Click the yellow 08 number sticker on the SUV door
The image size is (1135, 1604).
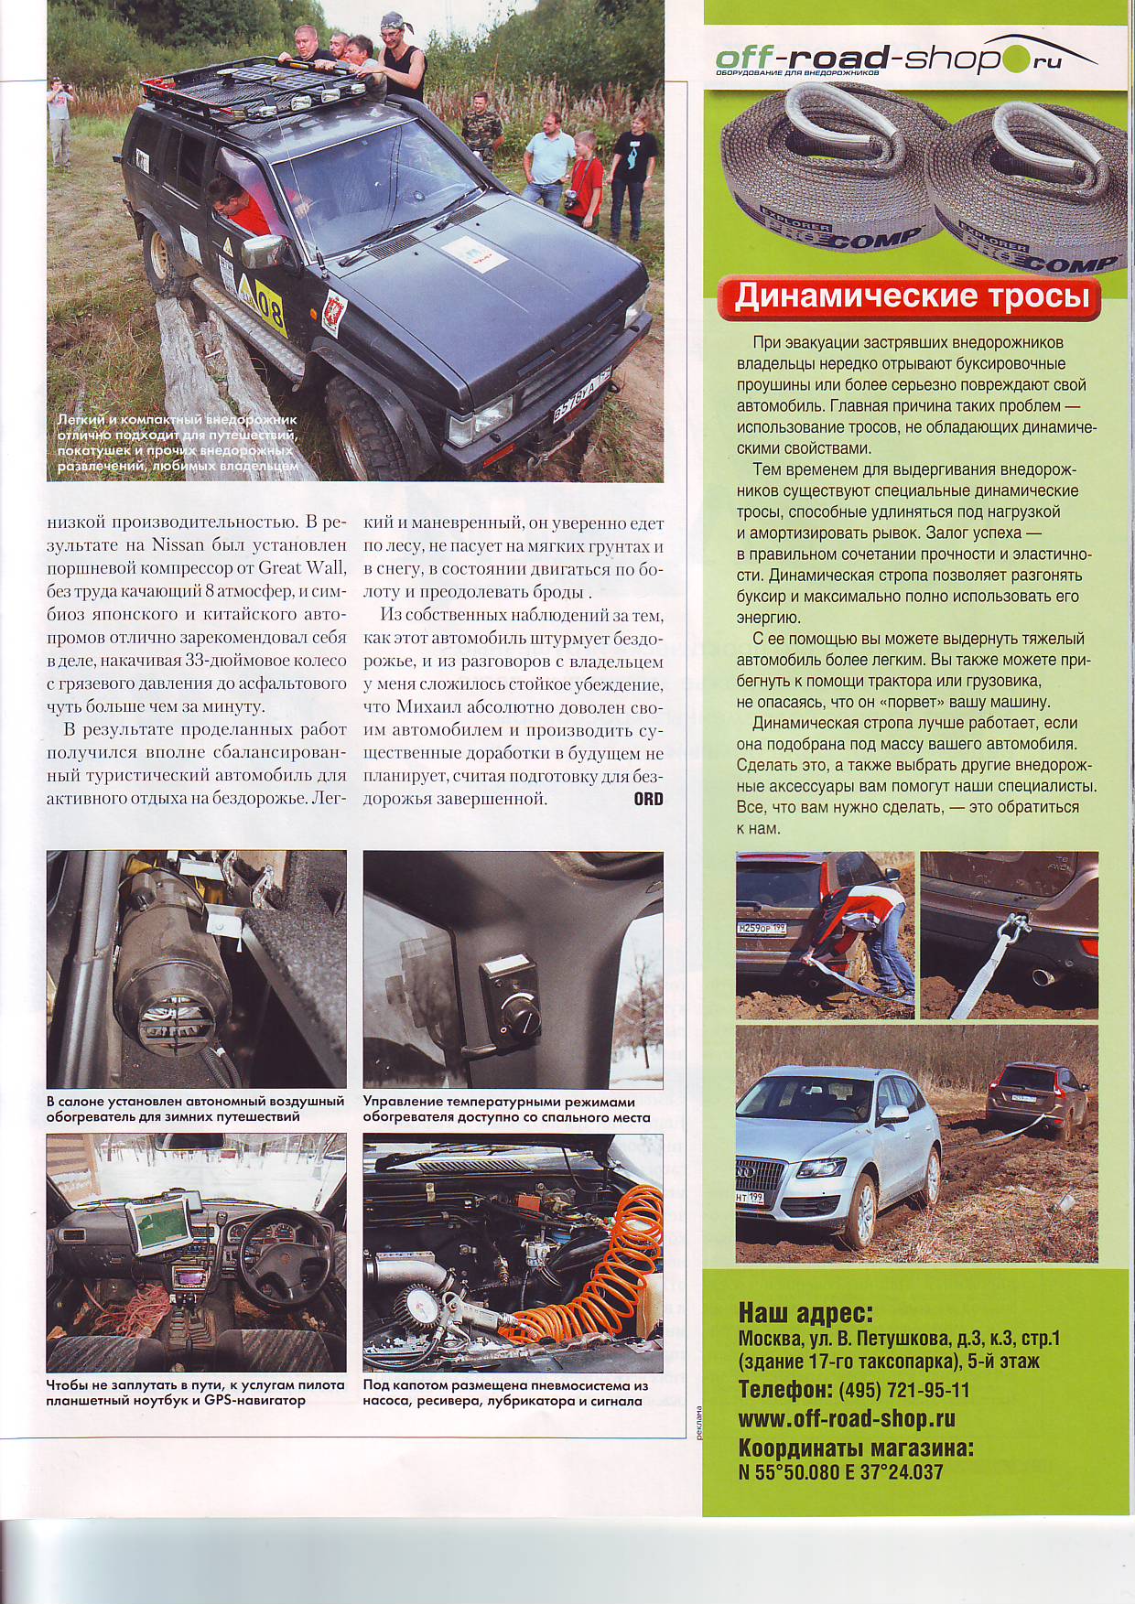(x=269, y=308)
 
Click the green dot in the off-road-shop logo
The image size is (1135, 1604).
(x=1013, y=60)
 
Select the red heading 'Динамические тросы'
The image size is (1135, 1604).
(x=912, y=296)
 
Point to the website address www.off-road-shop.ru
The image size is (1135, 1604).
(x=847, y=1418)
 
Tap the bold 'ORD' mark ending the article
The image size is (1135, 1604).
(x=648, y=799)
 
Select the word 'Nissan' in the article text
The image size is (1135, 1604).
(x=178, y=545)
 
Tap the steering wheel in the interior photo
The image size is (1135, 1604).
(x=275, y=1244)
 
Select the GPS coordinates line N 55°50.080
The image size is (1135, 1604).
(x=840, y=1472)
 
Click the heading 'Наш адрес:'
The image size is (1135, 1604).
(x=805, y=1313)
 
